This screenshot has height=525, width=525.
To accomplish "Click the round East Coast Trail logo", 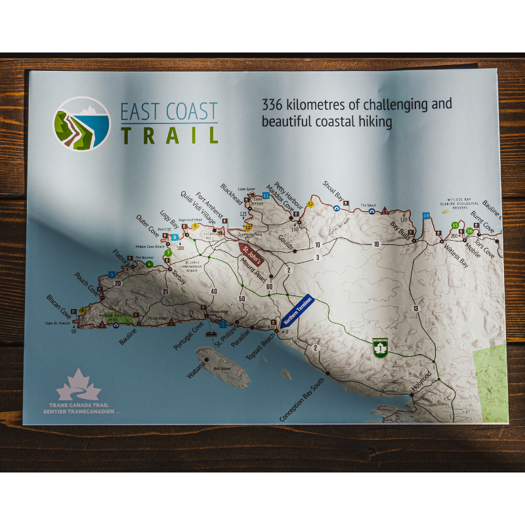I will [x=81, y=123].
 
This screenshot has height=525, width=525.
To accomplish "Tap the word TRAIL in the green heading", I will [x=169, y=135].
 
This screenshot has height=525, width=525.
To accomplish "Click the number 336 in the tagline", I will [x=273, y=104].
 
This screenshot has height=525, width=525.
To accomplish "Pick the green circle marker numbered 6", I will [x=150, y=264].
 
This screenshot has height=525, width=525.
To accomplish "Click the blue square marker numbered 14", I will [x=426, y=216].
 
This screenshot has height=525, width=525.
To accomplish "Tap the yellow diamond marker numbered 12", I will [x=310, y=204].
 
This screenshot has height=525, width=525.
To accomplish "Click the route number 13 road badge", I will [x=415, y=308].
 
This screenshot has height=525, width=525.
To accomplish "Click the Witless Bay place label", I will [x=455, y=252].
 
